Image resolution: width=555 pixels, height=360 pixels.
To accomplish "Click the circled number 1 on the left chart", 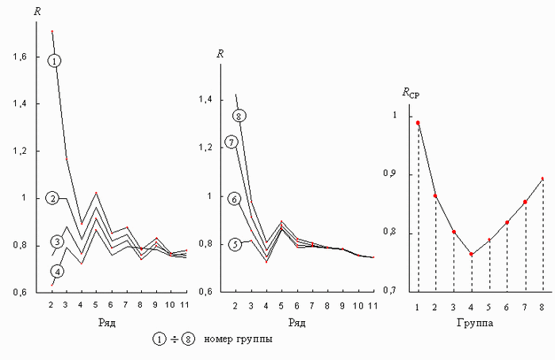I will pyautogui.click(x=54, y=60).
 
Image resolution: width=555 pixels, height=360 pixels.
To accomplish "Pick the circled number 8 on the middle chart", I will pyautogui.click(x=240, y=116).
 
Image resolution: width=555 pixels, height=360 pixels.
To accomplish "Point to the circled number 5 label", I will pyautogui.click(x=235, y=244).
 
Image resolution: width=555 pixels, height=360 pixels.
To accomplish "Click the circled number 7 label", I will pyautogui.click(x=232, y=143).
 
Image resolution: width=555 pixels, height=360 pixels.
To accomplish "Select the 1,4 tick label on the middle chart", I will pyautogui.click(x=206, y=100).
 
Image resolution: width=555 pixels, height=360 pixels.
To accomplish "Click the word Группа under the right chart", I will pyautogui.click(x=479, y=324).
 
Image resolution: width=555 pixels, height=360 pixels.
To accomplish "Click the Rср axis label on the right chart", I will pyautogui.click(x=411, y=94).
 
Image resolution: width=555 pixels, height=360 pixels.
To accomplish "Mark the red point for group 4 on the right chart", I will pyautogui.click(x=471, y=255).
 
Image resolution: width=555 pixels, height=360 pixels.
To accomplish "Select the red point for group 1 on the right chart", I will pyautogui.click(x=418, y=123).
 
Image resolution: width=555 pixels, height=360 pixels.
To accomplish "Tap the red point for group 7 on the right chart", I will pyautogui.click(x=525, y=201).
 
